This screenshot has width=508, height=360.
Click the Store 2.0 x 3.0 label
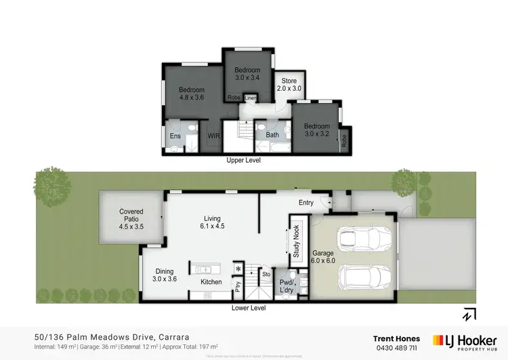[x=289, y=85]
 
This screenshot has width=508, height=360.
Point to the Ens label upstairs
[x=175, y=136]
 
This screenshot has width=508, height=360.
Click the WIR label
[x=214, y=136]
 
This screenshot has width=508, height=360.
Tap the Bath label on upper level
[x=272, y=135]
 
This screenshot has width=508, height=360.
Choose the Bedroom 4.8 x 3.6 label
[x=192, y=94]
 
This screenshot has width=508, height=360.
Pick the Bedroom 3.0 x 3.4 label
[x=247, y=74]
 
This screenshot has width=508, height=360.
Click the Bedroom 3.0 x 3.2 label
[x=316, y=130]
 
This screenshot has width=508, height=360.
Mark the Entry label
[x=306, y=202]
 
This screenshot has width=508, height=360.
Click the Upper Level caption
[x=243, y=161]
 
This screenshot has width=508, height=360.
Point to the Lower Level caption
[x=248, y=308]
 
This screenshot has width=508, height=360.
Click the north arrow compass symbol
[x=469, y=315]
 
